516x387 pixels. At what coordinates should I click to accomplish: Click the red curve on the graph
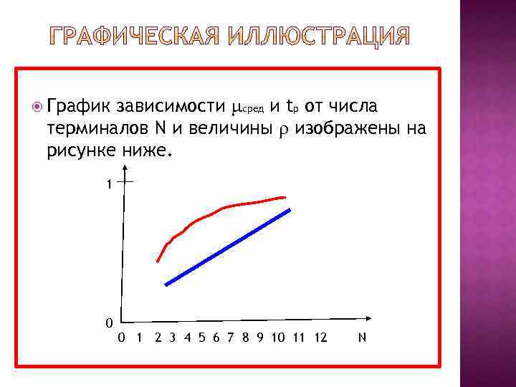215,213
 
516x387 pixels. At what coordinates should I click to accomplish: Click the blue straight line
227,247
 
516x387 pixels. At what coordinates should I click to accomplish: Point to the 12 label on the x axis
320,337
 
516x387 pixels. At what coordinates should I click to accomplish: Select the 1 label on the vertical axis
108,184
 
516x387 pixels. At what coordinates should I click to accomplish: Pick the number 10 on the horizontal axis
278,337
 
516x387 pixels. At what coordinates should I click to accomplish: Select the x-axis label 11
299,337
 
